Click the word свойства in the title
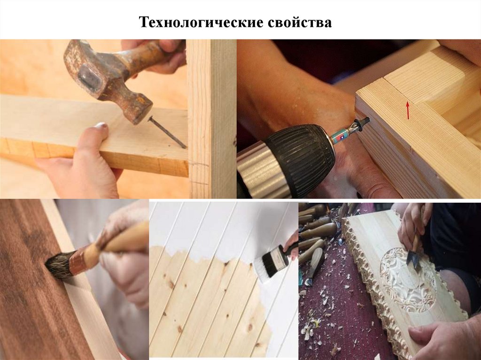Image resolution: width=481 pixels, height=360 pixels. (x=300, y=23)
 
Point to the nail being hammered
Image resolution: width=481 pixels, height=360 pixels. (x=168, y=132)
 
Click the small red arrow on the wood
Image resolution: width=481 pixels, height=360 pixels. (x=408, y=110)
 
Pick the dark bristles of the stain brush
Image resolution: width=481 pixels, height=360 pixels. (x=59, y=265)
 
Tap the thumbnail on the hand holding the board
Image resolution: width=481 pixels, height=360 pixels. (x=101, y=125)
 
